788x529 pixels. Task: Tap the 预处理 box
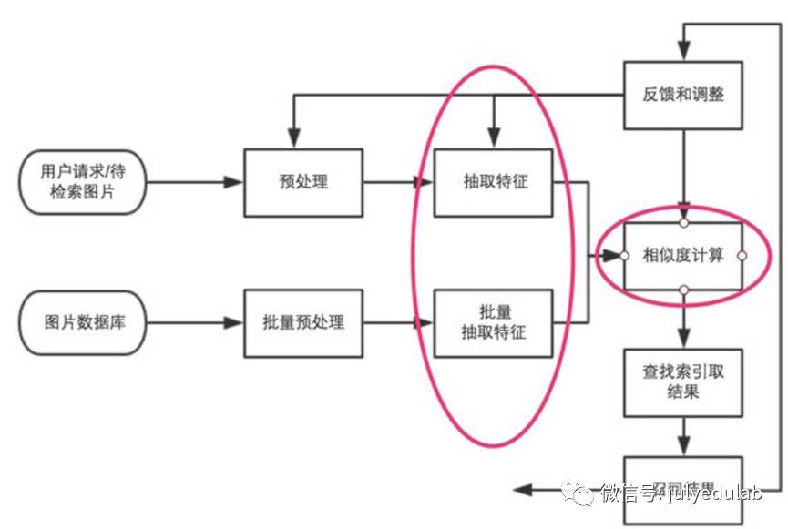coord(303,182)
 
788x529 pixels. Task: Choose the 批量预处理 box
coord(303,323)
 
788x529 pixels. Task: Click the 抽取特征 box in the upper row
coord(493,182)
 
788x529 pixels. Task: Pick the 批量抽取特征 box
coord(493,323)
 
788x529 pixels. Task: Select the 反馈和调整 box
coord(682,94)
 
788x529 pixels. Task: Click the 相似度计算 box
coord(682,256)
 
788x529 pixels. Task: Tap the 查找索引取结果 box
coord(682,383)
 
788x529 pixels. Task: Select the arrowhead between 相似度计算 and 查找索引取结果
coord(683,338)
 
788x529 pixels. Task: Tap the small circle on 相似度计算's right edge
coord(742,256)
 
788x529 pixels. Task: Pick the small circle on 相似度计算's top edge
coord(683,222)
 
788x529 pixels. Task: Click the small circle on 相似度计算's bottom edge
coord(683,290)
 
